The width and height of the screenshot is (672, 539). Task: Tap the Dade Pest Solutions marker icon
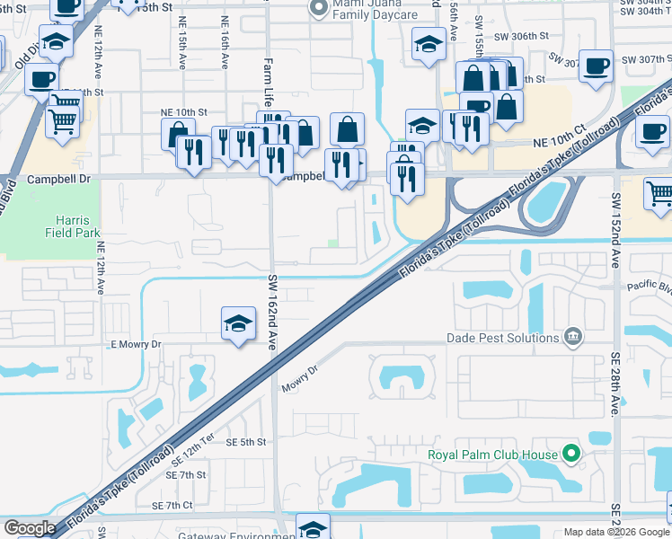(x=572, y=338)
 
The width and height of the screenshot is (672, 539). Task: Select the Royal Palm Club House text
(x=492, y=455)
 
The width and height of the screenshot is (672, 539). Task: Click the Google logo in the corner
(x=30, y=528)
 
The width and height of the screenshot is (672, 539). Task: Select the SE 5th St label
(x=246, y=442)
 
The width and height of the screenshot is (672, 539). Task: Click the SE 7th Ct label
(x=172, y=506)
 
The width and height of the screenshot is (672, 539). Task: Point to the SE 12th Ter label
(x=193, y=460)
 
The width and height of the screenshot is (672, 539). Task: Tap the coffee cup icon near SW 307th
(x=596, y=66)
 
